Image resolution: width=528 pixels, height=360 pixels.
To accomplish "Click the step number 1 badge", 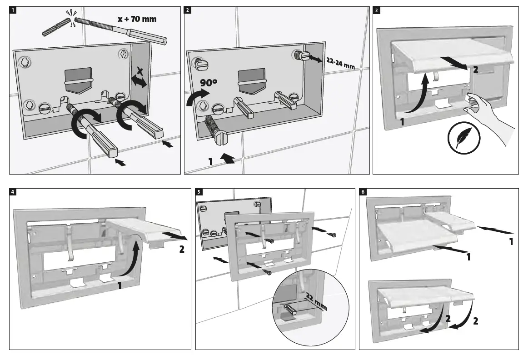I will tap(13, 10).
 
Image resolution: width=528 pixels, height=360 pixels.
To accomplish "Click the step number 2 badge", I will tap(188, 10).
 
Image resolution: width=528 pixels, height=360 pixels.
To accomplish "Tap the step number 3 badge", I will tap(376, 10).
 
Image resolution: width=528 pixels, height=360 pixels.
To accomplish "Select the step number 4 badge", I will tap(13, 192).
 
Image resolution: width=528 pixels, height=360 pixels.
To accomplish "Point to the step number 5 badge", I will tap(199, 192).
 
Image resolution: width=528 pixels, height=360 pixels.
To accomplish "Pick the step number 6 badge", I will tap(363, 192).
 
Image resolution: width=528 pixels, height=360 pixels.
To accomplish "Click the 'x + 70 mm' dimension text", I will tap(138, 20).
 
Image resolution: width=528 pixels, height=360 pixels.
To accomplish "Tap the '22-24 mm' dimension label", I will tap(340, 63).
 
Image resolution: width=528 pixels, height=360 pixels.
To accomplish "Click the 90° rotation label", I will tap(208, 83).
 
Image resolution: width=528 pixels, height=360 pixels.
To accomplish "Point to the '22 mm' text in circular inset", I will tap(316, 300).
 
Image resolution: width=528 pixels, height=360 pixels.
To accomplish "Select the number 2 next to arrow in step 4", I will tap(182, 250).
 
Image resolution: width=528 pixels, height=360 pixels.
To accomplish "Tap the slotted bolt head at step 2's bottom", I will tap(221, 137).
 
